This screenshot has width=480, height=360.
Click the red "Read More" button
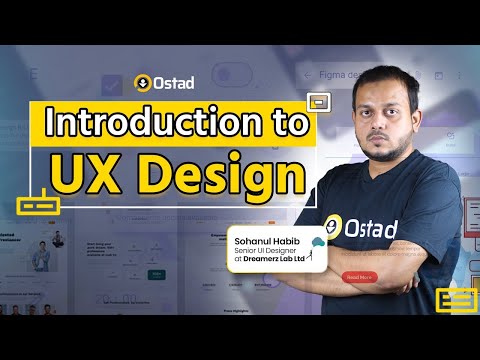coord(359,277)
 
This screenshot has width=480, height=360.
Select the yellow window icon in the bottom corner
coord(454,299)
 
